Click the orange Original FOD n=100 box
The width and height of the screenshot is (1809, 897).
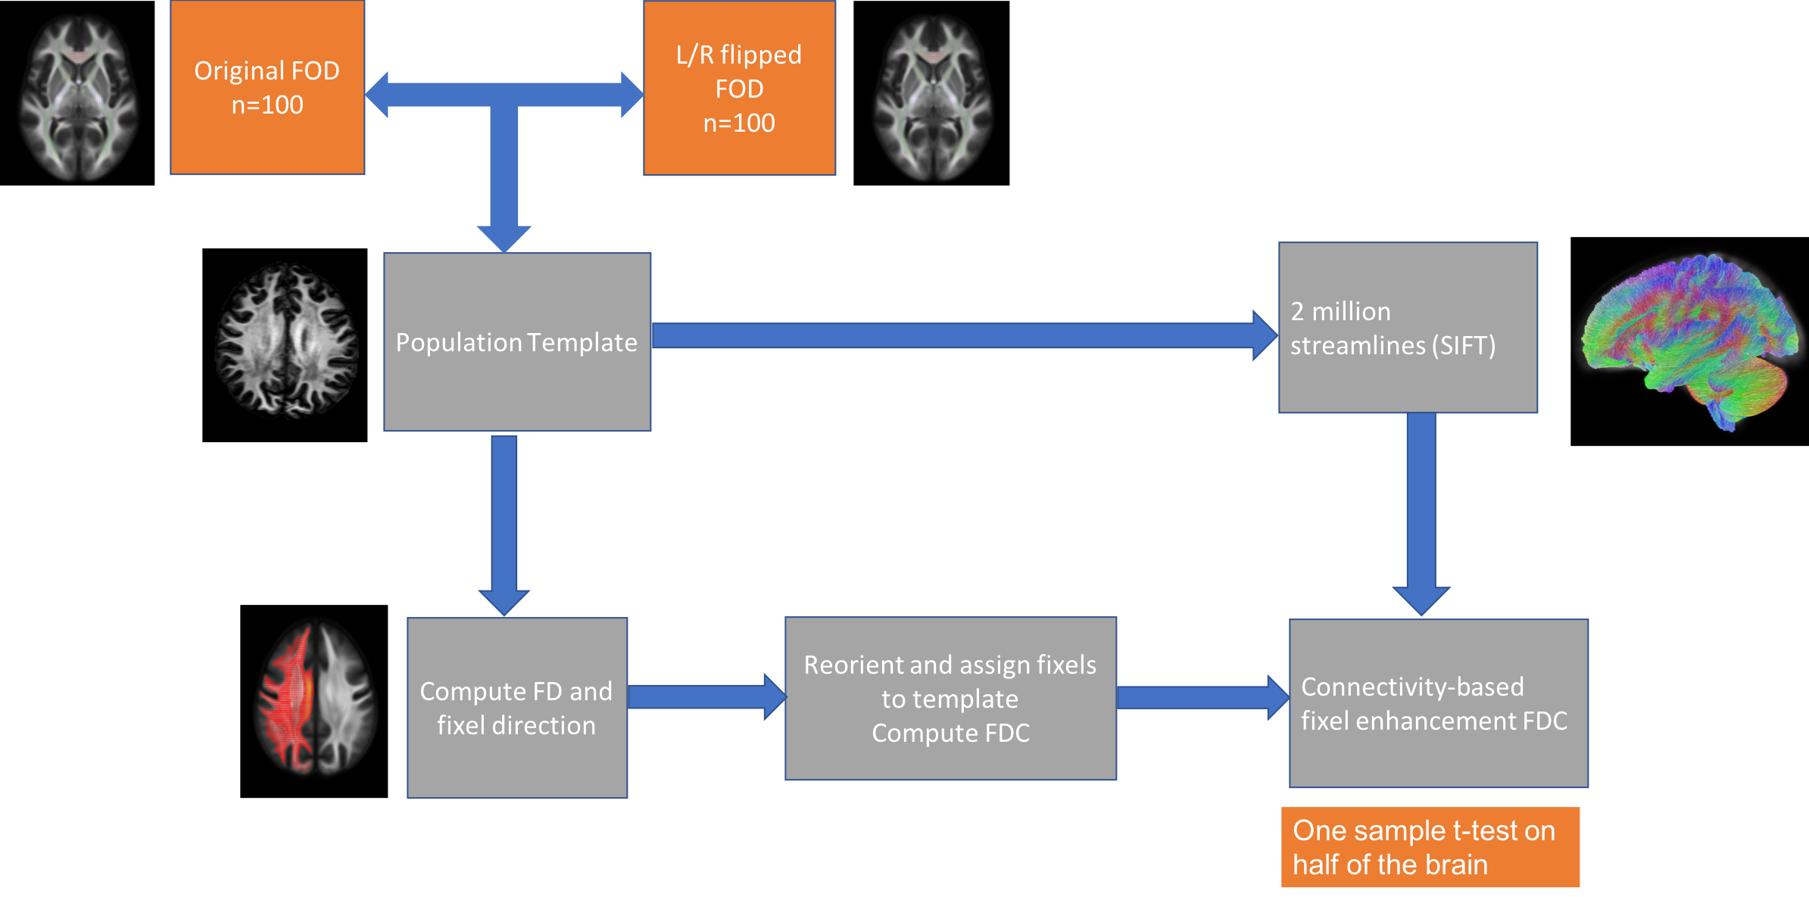point(267,88)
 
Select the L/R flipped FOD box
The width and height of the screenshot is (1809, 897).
point(739,88)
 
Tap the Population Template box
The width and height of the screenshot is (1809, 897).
point(517,342)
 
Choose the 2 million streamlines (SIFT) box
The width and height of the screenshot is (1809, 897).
point(1408,328)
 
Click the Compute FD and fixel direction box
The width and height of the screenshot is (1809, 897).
point(517,708)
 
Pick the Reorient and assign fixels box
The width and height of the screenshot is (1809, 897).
point(950,699)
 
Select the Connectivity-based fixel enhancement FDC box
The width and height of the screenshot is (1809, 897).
point(1438,703)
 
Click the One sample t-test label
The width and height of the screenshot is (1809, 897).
point(1430,847)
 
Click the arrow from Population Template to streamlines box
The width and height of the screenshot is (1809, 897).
point(962,335)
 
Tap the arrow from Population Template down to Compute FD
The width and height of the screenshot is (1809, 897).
point(504,522)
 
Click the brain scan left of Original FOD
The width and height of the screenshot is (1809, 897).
point(78,97)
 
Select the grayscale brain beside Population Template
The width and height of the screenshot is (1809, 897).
point(287,340)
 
